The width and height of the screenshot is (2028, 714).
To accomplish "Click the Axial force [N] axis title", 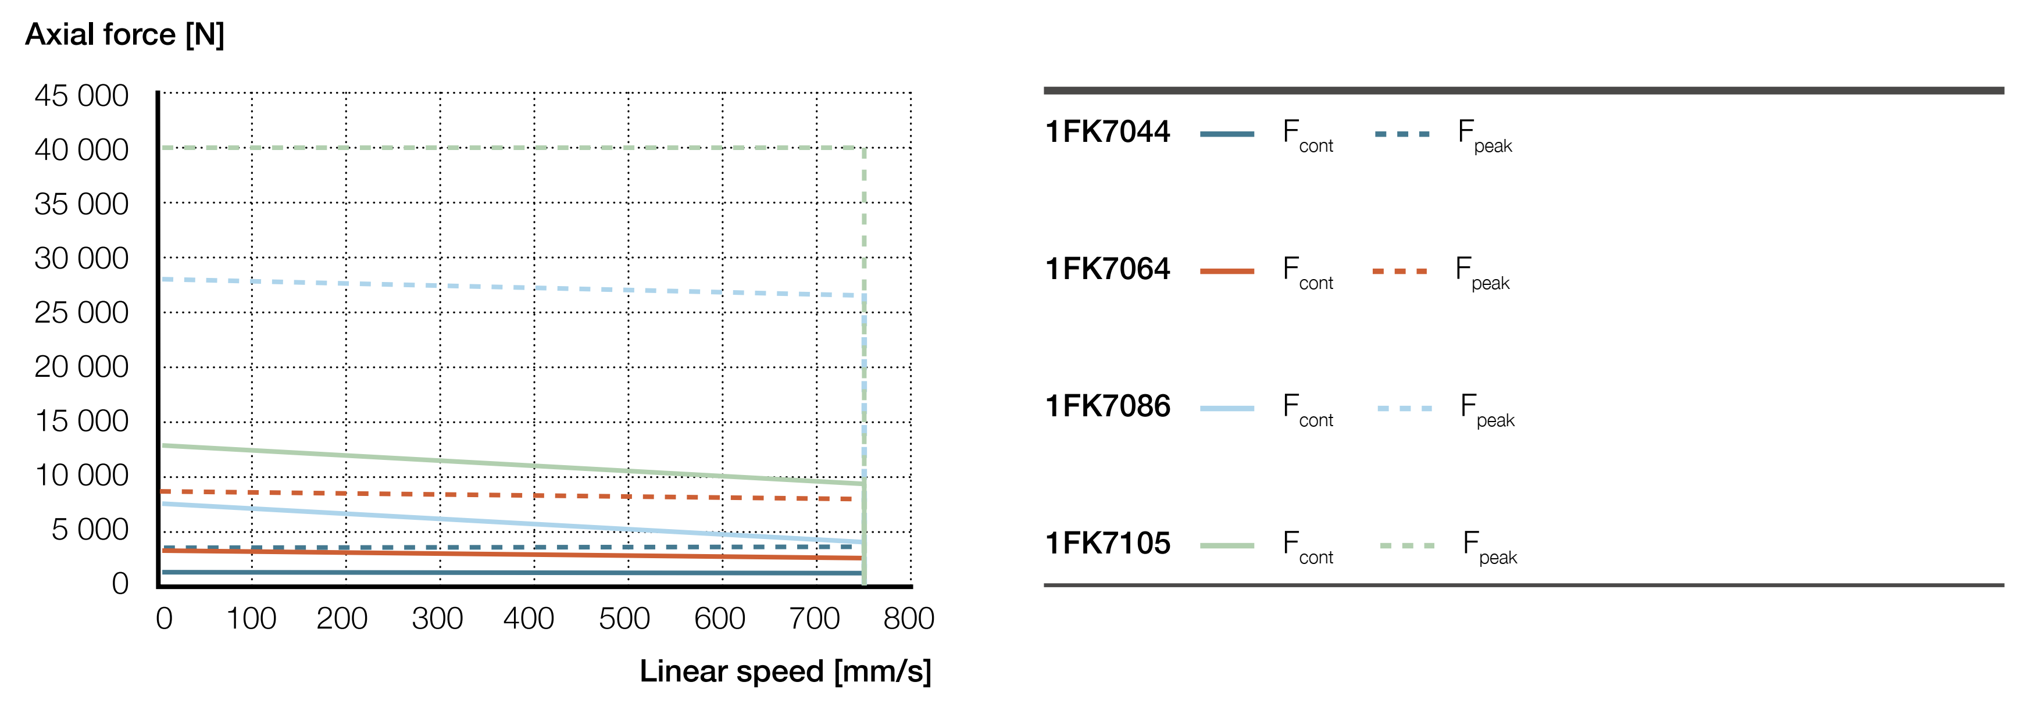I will coord(124,35).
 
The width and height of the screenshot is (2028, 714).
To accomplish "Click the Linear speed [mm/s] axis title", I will coord(785,672).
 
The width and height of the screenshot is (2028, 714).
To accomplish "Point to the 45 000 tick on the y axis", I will coord(81,96).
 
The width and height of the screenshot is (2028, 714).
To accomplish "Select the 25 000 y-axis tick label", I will coord(81,313).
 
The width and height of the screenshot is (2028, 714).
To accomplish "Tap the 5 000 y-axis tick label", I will coord(90,529).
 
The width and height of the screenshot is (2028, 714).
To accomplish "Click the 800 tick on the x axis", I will coord(909,619).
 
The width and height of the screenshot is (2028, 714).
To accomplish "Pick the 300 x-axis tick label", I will coord(437,619).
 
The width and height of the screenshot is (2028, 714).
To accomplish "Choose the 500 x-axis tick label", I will coord(624,619).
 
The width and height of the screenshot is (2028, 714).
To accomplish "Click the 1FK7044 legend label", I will coord(1107,131).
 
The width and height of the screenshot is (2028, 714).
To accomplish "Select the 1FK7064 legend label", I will coord(1107,269).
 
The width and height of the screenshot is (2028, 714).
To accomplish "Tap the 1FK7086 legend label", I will coord(1107,406).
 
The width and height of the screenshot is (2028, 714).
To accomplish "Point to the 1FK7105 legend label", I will coord(1107,543).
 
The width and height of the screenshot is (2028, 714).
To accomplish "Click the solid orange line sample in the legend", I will coord(1227,272).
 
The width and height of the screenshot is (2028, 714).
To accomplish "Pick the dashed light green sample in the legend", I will coord(1407,545).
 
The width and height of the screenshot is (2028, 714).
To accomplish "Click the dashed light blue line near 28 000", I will coord(512,287).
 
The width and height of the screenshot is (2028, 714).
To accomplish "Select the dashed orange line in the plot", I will coord(512,495).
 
